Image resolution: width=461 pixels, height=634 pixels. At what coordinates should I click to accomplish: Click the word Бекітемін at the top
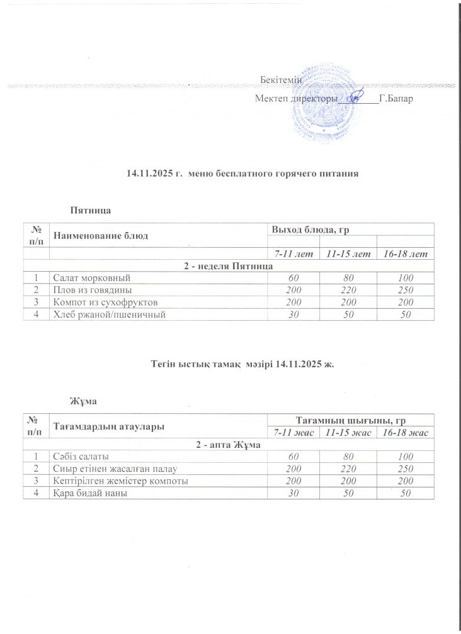(281, 81)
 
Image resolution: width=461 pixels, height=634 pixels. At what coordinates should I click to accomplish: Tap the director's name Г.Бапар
(396, 99)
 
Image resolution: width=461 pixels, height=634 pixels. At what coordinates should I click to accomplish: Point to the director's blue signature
(356, 96)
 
